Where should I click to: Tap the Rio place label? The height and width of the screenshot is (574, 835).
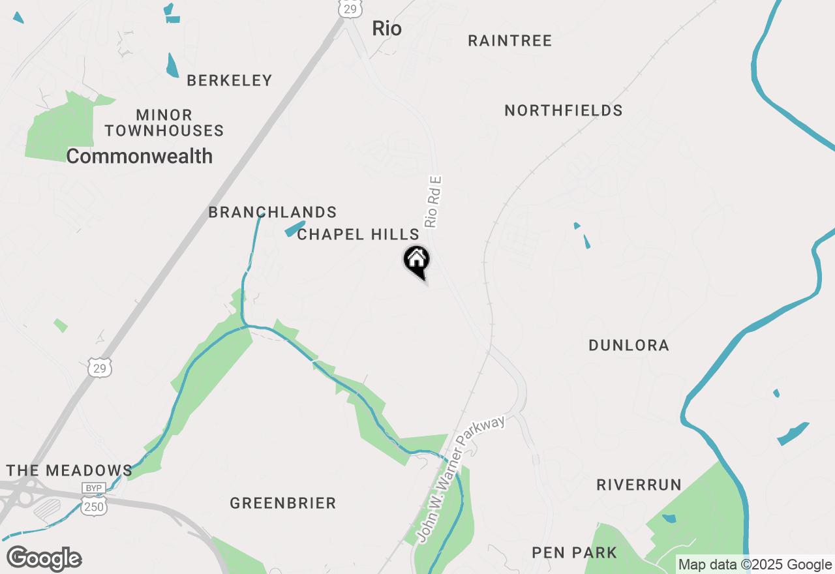387,29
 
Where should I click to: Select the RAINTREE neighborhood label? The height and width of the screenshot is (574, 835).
510,41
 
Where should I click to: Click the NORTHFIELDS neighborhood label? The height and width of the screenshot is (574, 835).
564,111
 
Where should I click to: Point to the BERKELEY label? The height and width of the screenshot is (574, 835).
229,81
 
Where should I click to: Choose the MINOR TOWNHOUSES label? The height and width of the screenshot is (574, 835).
164,123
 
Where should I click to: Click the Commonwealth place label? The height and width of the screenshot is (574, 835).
140,157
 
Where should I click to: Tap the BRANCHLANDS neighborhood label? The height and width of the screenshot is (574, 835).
273,213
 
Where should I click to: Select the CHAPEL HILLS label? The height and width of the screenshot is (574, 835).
358,235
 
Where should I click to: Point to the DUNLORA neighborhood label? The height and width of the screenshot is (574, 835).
629,346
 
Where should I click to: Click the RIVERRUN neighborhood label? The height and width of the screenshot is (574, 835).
639,485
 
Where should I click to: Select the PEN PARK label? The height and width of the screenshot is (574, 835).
575,553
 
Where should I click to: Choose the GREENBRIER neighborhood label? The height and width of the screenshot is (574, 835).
283,504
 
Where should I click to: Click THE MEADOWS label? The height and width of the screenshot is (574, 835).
69,471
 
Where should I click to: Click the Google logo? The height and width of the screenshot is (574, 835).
44,559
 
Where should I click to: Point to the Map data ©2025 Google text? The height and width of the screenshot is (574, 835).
755,565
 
